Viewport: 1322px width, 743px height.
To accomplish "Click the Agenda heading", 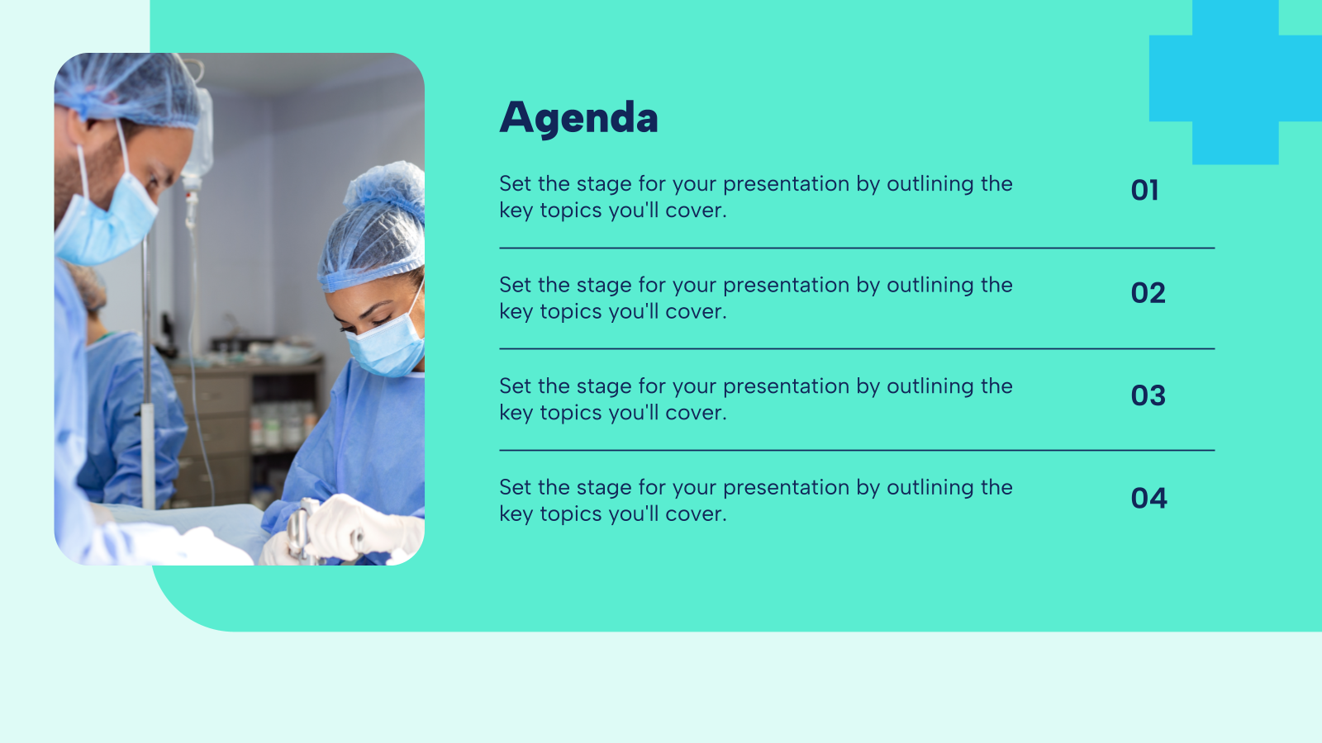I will [578, 117].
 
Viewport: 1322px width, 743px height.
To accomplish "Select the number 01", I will [1144, 191].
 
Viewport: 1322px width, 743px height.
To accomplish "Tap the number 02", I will [1148, 293].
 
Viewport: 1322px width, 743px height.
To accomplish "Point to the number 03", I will [1148, 395].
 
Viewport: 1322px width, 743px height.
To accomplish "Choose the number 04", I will [1148, 498].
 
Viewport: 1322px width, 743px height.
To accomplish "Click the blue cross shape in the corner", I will [1235, 79].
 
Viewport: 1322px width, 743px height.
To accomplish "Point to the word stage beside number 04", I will [604, 488].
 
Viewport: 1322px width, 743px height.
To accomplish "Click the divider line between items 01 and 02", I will [856, 248].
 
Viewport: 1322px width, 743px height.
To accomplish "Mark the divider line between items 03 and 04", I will [856, 450].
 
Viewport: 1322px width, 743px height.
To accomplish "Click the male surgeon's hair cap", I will [128, 87].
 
